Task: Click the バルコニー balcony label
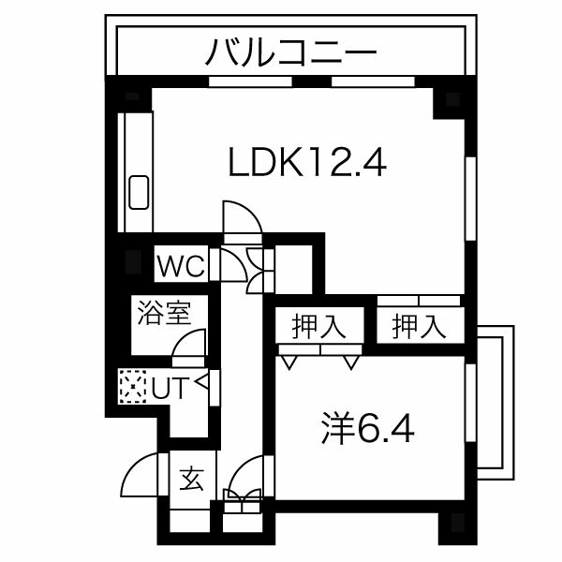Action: (x=291, y=52)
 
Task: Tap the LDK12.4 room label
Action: (x=307, y=163)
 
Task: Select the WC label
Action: (x=181, y=266)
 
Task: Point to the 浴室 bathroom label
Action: (x=164, y=312)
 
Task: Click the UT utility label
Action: (x=170, y=387)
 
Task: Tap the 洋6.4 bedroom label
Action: (x=368, y=429)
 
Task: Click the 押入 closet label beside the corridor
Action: (x=318, y=326)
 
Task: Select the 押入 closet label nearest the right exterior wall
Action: (x=419, y=326)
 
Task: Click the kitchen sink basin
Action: (x=139, y=192)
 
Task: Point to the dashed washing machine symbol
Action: (x=133, y=386)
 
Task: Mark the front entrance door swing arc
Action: (x=138, y=470)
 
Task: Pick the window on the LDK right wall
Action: (x=471, y=199)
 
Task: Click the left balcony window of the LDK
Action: (x=250, y=81)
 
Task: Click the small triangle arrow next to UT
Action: (x=201, y=382)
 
